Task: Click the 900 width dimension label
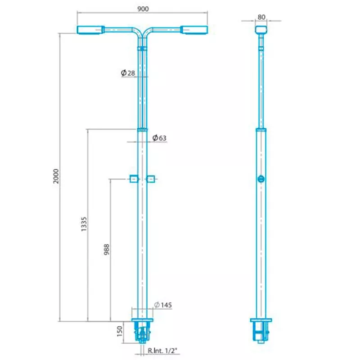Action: pos(143,9)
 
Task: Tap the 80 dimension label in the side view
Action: pos(261,17)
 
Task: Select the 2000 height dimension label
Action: pos(56,176)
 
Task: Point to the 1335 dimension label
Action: pos(84,224)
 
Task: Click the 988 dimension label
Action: pos(107,250)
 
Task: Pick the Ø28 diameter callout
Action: pos(128,73)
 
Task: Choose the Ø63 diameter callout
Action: pos(159,138)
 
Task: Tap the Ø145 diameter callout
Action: pos(163,305)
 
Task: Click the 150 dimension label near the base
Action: pos(120,331)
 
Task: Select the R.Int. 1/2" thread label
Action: pos(162,351)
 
